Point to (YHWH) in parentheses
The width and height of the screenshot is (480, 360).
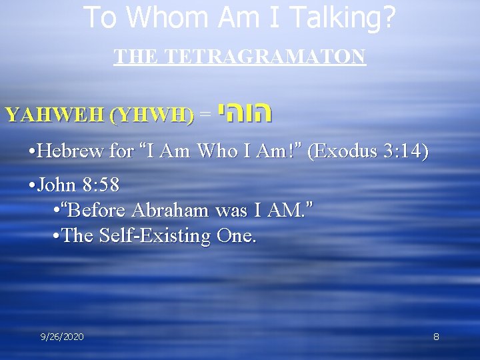click(x=151, y=115)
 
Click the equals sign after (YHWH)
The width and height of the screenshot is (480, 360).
click(x=205, y=115)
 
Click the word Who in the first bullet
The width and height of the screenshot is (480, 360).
click(x=218, y=151)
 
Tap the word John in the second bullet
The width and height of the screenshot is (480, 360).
click(x=55, y=185)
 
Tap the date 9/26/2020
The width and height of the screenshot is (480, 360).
click(x=61, y=337)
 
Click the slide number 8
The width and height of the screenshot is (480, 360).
click(x=436, y=337)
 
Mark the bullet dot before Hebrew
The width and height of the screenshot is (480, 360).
click(x=24, y=152)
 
